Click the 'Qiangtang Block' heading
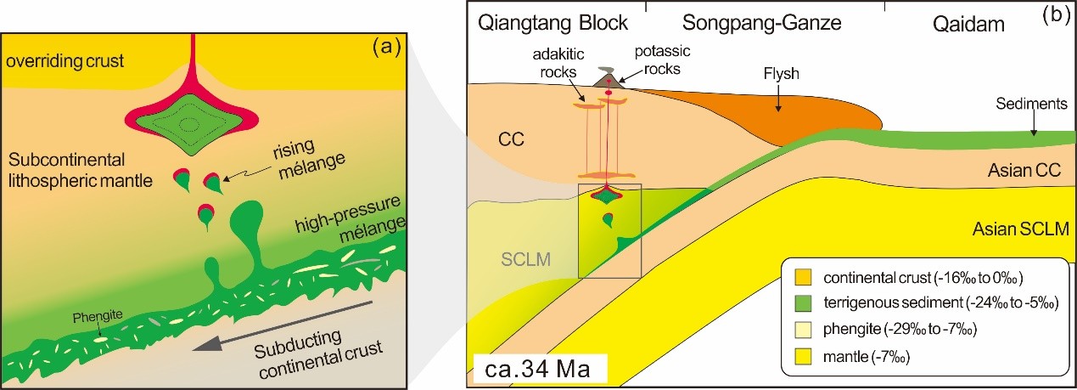pos(552,23)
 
